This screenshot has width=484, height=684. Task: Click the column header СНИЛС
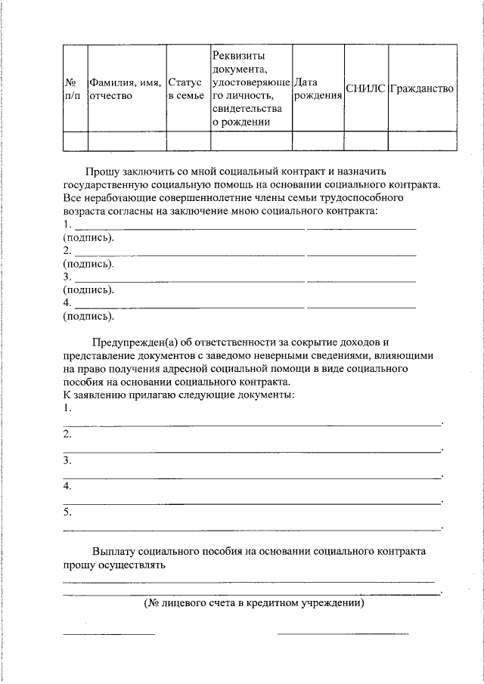click(366, 88)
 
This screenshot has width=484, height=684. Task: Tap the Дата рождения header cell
click(317, 88)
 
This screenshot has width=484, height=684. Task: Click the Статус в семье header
click(187, 88)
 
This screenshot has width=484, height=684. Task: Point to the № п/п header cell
click(74, 88)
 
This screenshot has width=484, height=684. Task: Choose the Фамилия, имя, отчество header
click(126, 88)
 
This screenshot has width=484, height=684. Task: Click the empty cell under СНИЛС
click(366, 141)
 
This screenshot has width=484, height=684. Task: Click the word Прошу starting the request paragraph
click(101, 172)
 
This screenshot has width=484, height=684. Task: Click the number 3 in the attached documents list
click(67, 460)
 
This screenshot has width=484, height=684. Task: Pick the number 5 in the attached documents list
click(67, 512)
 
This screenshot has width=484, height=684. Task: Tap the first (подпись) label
click(88, 237)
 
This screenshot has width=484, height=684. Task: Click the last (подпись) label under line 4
click(88, 316)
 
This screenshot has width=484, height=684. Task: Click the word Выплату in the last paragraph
click(113, 551)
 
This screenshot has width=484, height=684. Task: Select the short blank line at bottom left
click(108, 633)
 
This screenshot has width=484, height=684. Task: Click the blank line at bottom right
click(343, 633)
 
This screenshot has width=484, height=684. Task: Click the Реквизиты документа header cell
click(250, 88)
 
